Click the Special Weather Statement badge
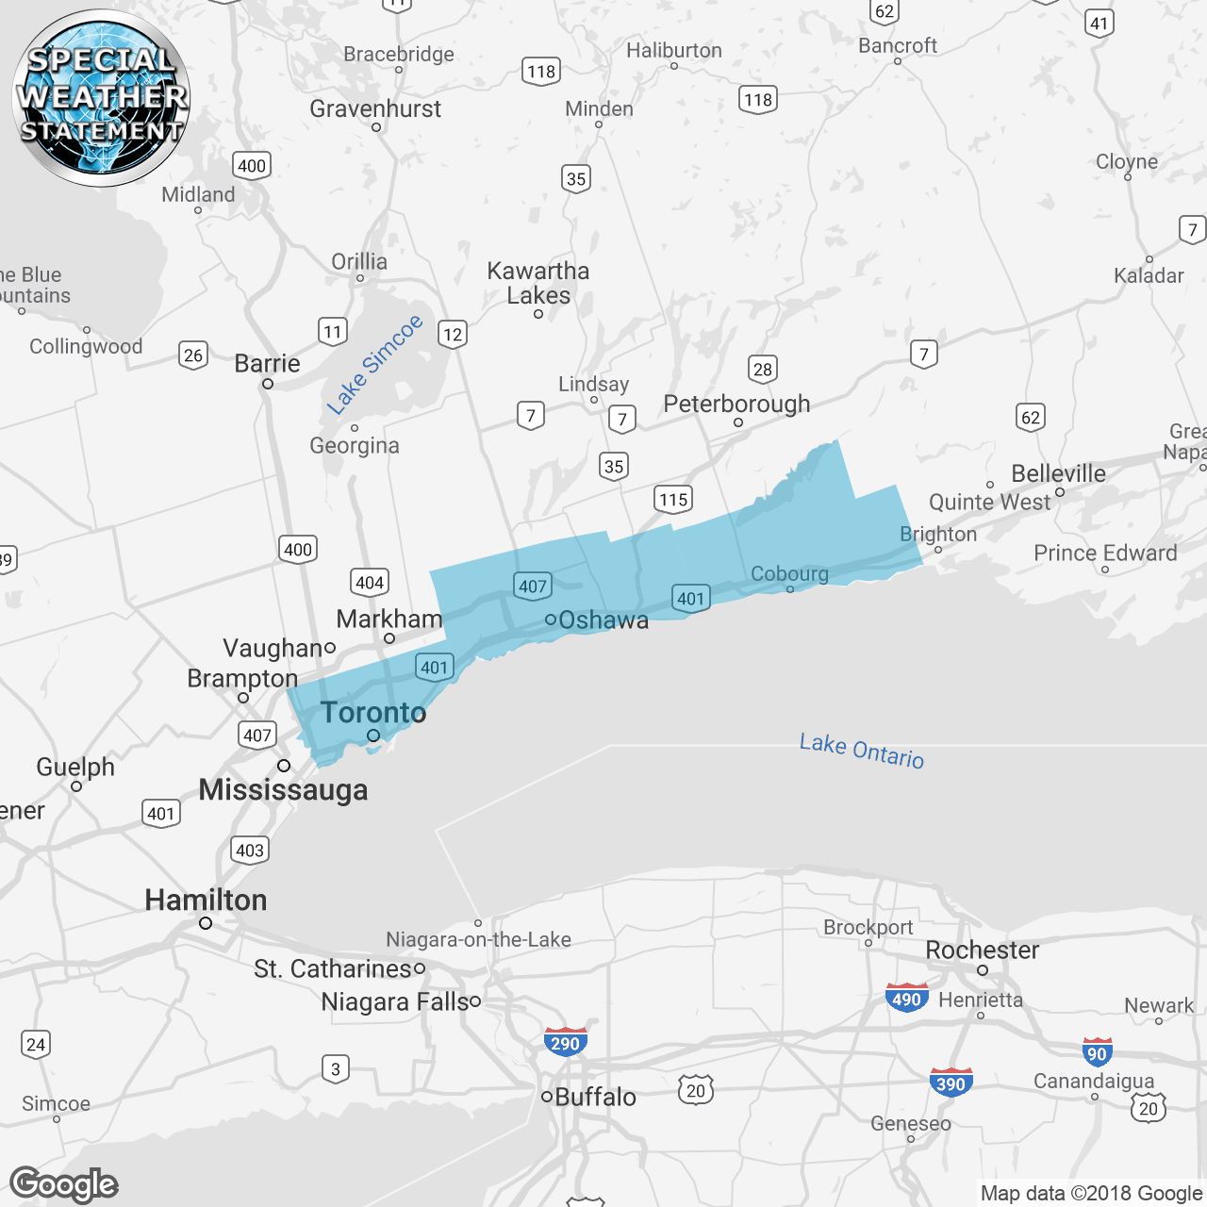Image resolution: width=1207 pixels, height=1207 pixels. (101, 97)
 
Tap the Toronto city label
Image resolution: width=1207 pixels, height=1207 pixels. (373, 713)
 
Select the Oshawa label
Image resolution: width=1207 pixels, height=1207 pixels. (603, 620)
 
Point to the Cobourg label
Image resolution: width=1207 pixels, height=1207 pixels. (789, 573)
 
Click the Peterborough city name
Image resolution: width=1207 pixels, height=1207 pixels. (736, 404)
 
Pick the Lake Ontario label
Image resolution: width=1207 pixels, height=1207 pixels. (862, 751)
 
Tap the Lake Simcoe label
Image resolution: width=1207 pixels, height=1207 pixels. (374, 365)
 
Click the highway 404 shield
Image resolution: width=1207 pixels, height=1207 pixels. (370, 582)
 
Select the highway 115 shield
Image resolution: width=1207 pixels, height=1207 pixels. (673, 499)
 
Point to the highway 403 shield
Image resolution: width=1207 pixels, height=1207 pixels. (250, 850)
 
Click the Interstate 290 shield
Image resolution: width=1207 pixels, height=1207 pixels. (565, 1042)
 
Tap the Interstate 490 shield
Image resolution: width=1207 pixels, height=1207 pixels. (906, 998)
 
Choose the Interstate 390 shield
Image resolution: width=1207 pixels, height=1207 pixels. (951, 1083)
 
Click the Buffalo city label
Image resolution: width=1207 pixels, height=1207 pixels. (595, 1097)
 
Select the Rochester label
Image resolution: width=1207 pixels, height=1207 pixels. (982, 950)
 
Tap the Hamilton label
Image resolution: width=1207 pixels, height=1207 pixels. (206, 900)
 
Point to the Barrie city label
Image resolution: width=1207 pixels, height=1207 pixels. (267, 363)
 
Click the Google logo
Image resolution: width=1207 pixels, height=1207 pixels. (64, 1184)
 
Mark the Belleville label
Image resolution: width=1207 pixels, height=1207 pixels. (1058, 473)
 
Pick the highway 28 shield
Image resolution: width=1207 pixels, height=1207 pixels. (763, 369)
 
